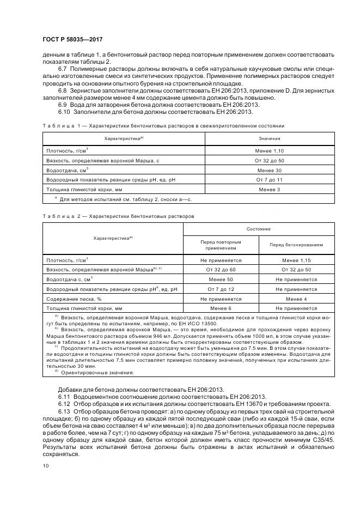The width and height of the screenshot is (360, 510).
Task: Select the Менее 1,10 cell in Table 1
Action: click(269, 150)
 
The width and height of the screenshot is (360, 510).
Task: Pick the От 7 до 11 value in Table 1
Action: click(269, 179)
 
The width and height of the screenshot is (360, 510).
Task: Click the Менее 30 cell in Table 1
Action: click(269, 169)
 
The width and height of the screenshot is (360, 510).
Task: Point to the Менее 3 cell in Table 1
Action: click(269, 189)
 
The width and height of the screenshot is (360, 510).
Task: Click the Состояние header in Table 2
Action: click(259, 229)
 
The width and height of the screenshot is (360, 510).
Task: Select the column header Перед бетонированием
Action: click(296, 245)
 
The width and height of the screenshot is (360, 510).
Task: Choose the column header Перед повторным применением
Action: click(221, 245)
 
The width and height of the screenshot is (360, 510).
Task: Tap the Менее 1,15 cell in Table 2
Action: click(296, 260)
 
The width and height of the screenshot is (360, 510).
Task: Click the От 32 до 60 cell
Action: click(221, 270)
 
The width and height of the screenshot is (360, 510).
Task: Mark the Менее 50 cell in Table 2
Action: click(221, 280)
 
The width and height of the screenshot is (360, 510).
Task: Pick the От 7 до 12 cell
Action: click(221, 289)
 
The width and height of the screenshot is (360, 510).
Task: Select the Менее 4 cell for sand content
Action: click(296, 299)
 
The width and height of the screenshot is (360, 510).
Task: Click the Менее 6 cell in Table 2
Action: click(221, 308)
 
